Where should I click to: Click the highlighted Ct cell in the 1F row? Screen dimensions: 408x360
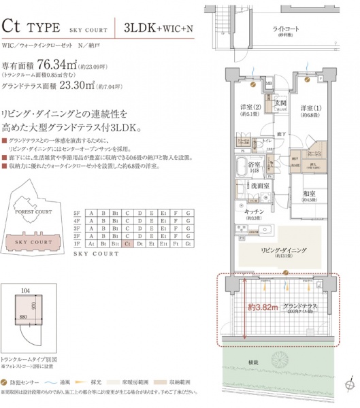tap(129, 243)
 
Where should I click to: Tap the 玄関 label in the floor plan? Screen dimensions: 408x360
tap(280, 103)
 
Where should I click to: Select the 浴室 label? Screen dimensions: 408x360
tap(255, 165)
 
